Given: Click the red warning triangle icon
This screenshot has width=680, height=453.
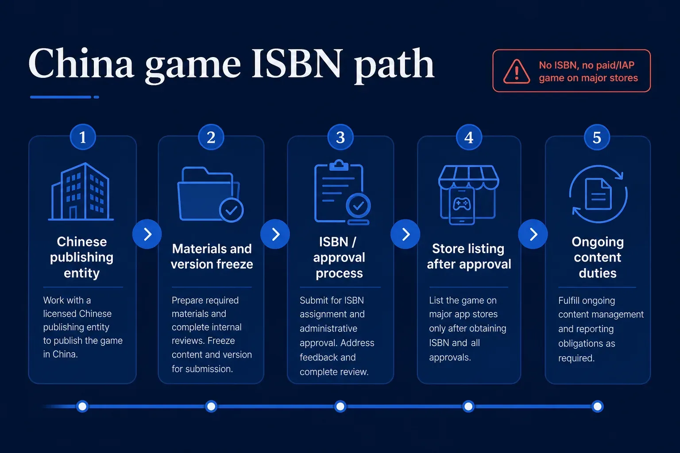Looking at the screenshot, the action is pyautogui.click(x=517, y=72).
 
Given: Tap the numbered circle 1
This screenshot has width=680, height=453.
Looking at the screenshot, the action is pyautogui.click(x=83, y=137).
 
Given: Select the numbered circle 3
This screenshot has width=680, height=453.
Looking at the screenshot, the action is pyautogui.click(x=340, y=137).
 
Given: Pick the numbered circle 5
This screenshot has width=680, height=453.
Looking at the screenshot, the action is pyautogui.click(x=597, y=137).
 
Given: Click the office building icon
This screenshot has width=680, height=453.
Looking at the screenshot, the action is pyautogui.click(x=81, y=192).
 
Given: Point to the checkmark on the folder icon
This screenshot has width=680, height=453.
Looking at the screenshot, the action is pyautogui.click(x=232, y=210).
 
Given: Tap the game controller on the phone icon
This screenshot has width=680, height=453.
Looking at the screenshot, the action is pyautogui.click(x=462, y=204).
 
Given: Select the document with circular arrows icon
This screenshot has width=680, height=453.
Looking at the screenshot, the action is pyautogui.click(x=598, y=194).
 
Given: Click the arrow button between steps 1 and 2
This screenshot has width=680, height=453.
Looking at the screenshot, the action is pyautogui.click(x=147, y=234).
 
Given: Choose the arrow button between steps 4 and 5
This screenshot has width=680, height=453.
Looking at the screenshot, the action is pyautogui.click(x=533, y=234).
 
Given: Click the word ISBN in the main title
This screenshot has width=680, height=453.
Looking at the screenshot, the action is pyautogui.click(x=296, y=64).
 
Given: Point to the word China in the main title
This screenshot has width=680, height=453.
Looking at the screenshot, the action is pyautogui.click(x=81, y=63).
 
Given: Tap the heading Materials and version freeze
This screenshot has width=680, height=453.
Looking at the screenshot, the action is pyautogui.click(x=212, y=257).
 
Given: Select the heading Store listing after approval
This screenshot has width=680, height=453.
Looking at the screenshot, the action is pyautogui.click(x=469, y=257).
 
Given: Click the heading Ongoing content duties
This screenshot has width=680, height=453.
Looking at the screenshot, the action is pyautogui.click(x=598, y=257).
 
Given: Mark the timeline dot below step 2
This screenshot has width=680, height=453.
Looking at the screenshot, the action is pyautogui.click(x=211, y=406).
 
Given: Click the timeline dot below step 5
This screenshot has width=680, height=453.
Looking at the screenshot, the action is pyautogui.click(x=597, y=406).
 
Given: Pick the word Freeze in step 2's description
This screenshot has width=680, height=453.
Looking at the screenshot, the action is pyautogui.click(x=221, y=341).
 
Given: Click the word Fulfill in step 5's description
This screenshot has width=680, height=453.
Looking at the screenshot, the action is pyautogui.click(x=569, y=300).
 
